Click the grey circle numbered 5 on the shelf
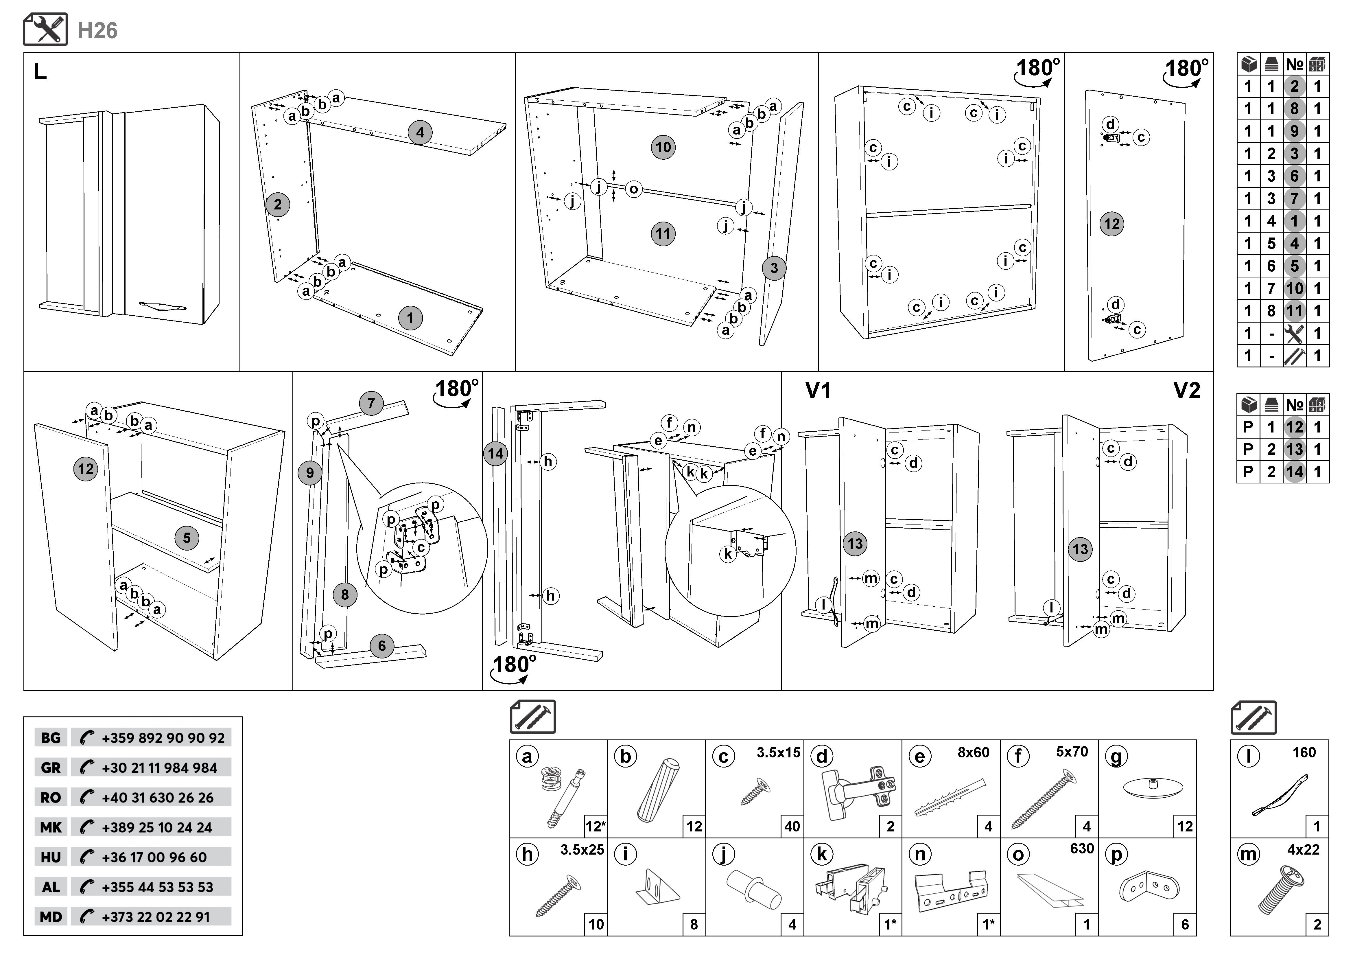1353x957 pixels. (x=187, y=538)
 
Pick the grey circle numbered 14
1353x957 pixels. (x=496, y=454)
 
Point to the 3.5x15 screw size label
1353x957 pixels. (x=778, y=752)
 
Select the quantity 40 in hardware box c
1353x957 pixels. (x=792, y=826)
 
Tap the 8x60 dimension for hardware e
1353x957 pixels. (x=973, y=752)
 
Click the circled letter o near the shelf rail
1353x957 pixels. (x=633, y=189)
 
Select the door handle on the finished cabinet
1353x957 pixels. (x=163, y=305)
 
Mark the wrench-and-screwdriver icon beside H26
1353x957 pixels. (x=45, y=30)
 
